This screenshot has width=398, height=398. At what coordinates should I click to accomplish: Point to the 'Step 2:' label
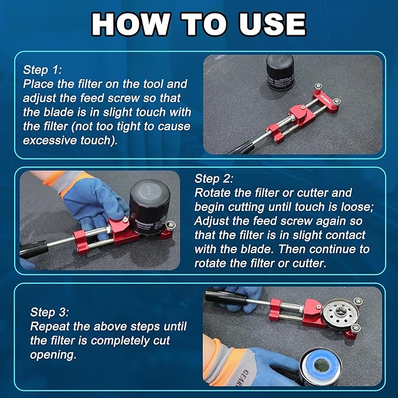point(213,178)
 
